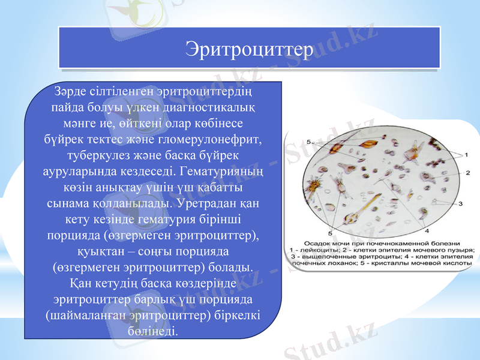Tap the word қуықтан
point(105,249)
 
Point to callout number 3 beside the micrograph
point(460,203)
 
